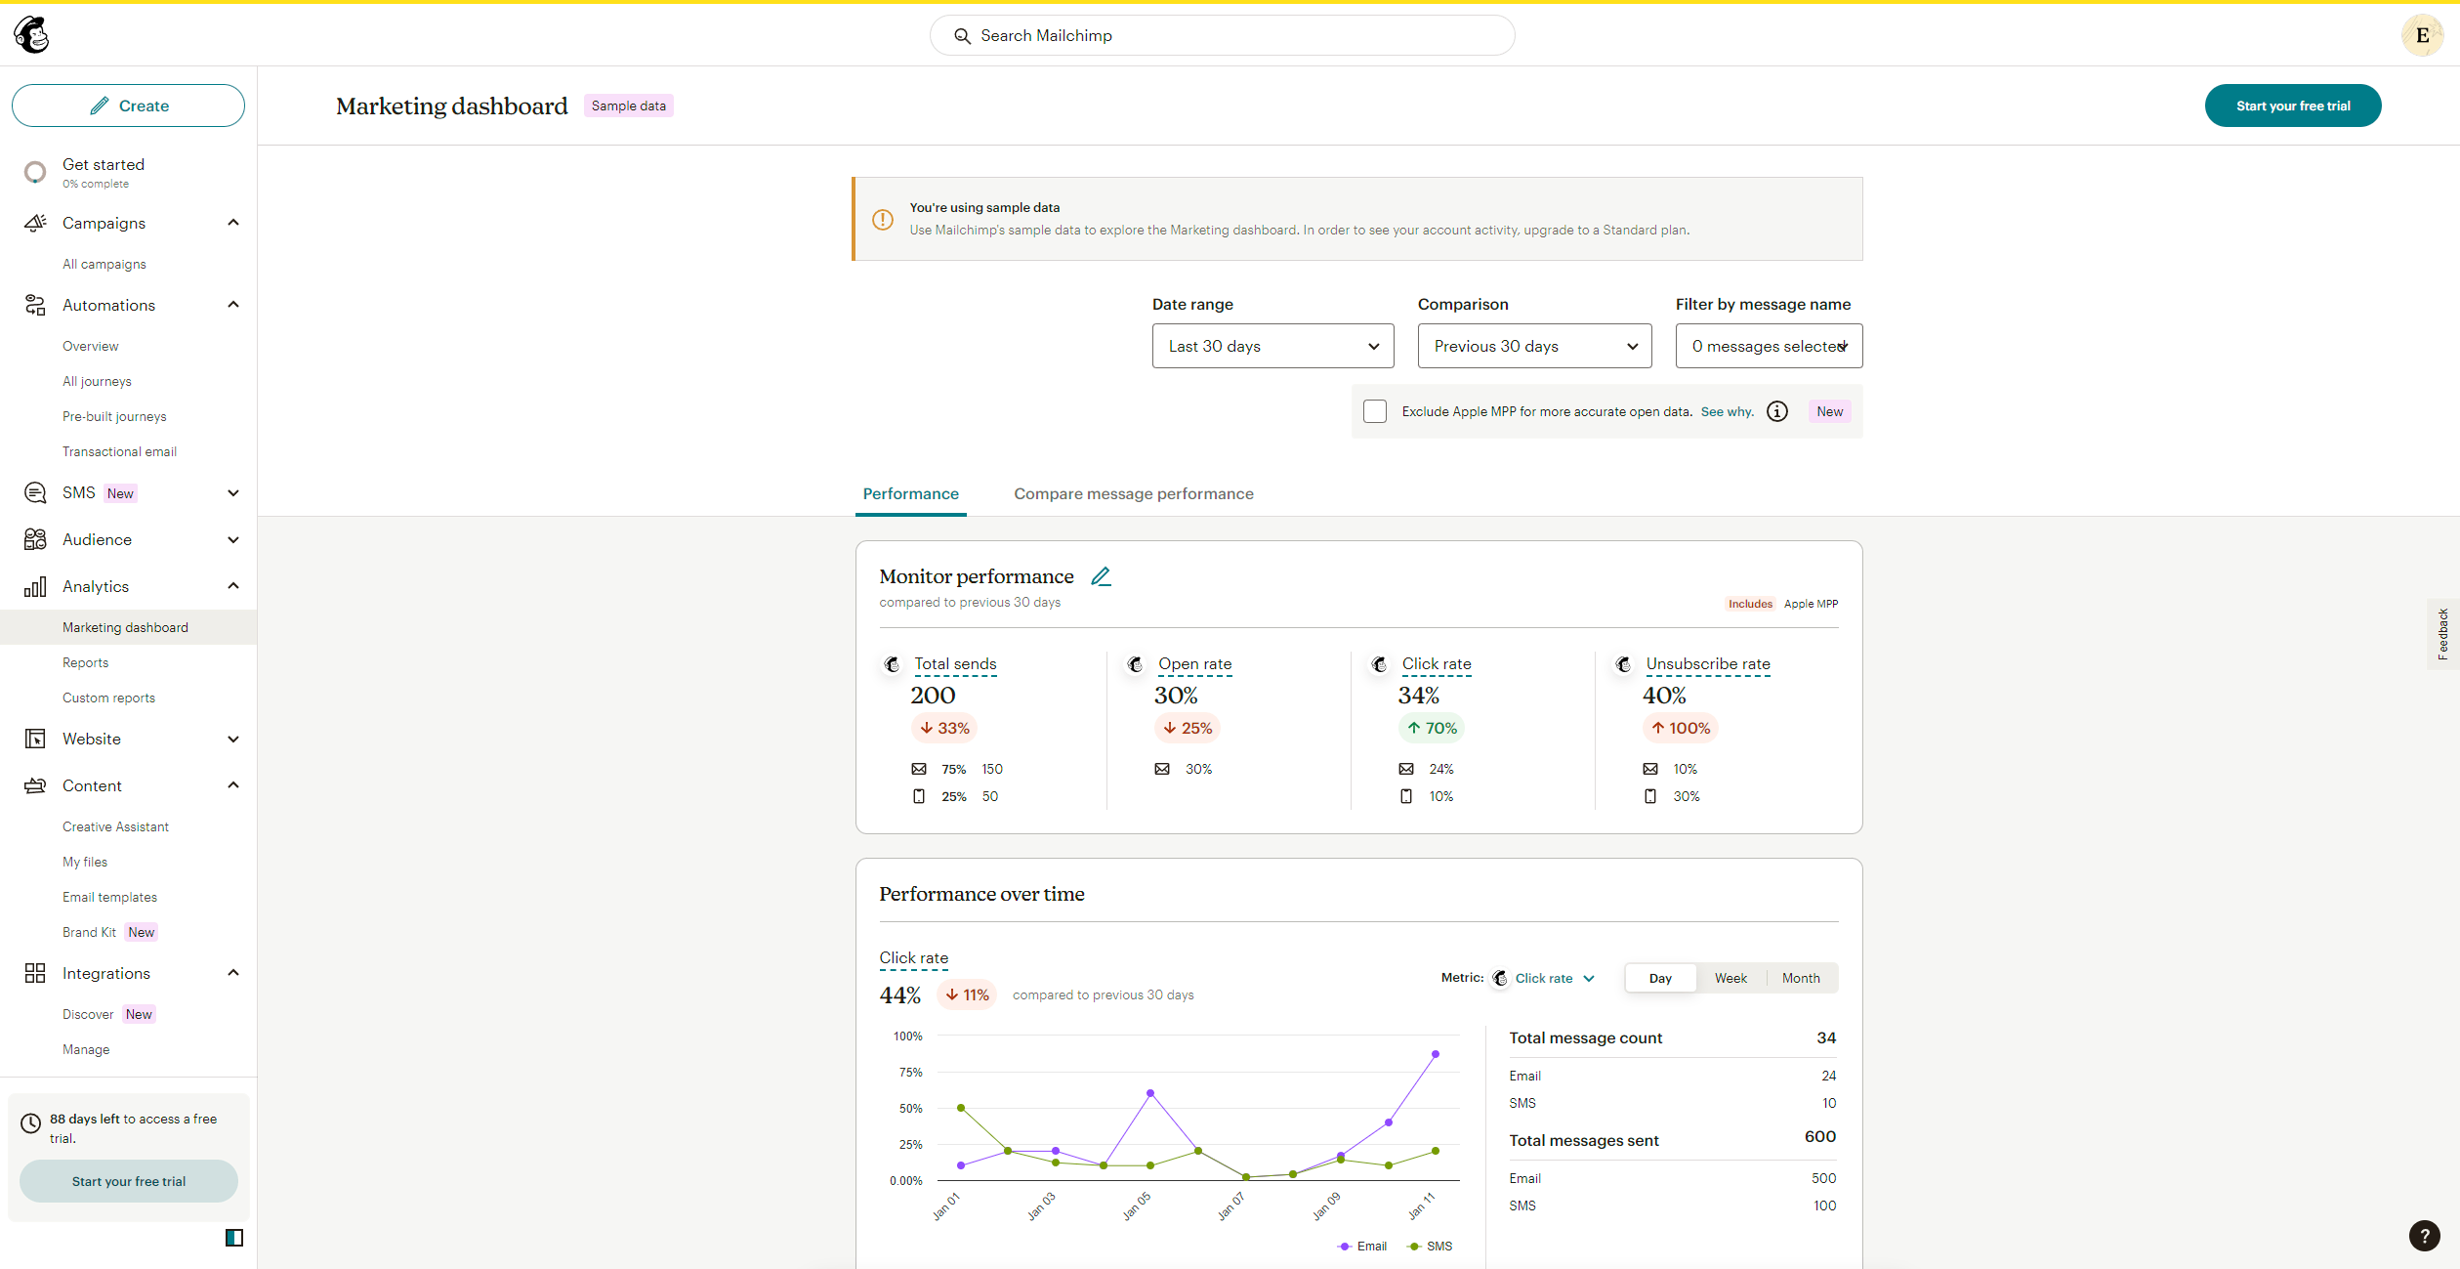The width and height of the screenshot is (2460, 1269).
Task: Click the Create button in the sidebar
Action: coord(128,106)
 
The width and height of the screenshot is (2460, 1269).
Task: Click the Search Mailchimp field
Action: coord(1222,35)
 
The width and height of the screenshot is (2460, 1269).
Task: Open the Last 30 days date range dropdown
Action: coord(1272,346)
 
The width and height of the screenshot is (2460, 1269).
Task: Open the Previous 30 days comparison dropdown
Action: coord(1534,346)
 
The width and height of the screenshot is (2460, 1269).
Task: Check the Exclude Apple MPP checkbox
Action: coord(1375,411)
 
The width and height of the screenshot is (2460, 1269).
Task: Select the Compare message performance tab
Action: coord(1133,493)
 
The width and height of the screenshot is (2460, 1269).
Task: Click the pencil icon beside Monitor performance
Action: coord(1101,576)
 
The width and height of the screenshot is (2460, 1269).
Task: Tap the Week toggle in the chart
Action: coord(1730,978)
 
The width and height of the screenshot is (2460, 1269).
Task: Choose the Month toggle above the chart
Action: coord(1801,978)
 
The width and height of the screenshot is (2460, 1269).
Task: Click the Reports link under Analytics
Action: coord(86,662)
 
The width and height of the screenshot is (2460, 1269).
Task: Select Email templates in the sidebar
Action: coord(109,897)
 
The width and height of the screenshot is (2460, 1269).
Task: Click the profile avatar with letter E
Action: coord(2422,35)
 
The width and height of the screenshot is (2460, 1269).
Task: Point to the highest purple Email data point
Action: coord(1436,1054)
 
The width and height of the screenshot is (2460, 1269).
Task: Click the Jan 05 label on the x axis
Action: coord(1137,1206)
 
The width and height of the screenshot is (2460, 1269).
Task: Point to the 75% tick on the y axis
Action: coord(910,1072)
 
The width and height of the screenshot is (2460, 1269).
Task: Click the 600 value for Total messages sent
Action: coord(1820,1136)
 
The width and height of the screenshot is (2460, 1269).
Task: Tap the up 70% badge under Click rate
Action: coord(1432,728)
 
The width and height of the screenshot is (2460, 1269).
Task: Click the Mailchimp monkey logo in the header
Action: coord(31,35)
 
